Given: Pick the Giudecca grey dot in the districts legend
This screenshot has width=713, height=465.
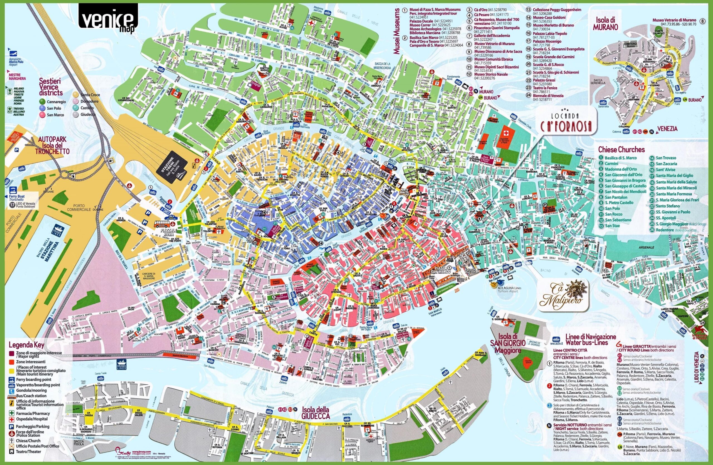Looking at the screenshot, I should click(76, 115).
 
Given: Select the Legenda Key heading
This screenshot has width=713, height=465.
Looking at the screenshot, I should click(27, 345).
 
